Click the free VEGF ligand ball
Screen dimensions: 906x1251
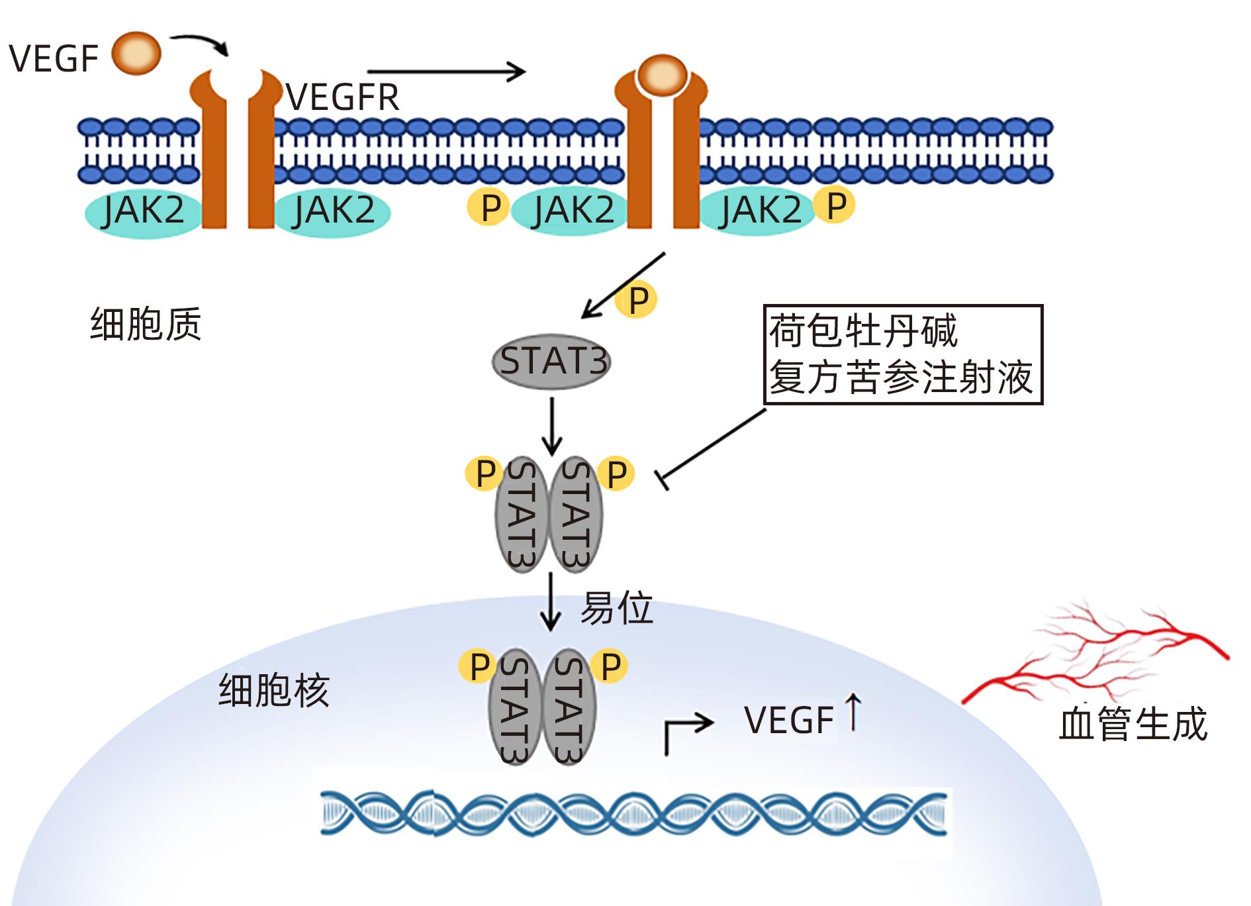coord(136,54)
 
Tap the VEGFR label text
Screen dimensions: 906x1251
coord(343,98)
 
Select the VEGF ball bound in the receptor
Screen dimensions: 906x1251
coord(662,74)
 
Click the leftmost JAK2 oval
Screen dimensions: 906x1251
coord(143,211)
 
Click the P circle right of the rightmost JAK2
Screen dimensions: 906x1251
coord(836,205)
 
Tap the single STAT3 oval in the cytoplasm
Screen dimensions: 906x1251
coord(551,362)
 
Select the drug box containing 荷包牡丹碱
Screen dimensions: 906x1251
coord(903,354)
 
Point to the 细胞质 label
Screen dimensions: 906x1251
coord(146,325)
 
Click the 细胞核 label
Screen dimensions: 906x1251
coord(273,691)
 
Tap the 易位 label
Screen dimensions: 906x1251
coord(616,608)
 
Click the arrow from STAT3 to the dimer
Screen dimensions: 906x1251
coord(551,426)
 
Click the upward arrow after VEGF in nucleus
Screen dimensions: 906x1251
coord(853,712)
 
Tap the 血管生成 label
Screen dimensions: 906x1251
coord(1133,724)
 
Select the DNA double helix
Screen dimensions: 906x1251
coord(633,813)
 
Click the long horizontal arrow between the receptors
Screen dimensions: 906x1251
coord(446,72)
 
